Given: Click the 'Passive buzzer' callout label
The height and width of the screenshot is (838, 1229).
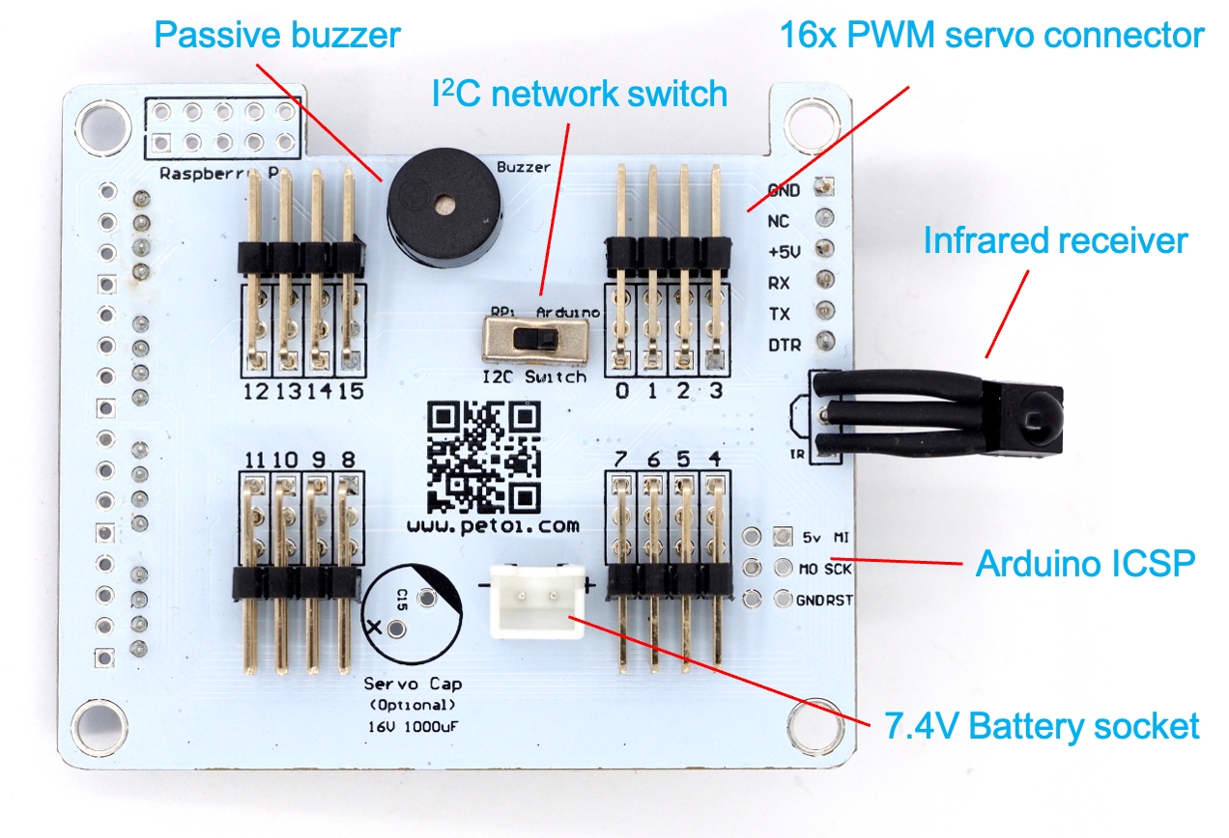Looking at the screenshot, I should click(277, 36).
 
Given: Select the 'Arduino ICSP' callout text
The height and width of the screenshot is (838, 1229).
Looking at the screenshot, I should click(1085, 562).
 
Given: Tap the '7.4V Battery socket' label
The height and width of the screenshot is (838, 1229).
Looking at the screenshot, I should click(1042, 725).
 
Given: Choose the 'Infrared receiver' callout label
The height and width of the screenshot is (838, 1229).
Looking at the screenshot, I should click(1055, 239).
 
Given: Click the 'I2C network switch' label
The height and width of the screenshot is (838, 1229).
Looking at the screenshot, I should click(579, 94).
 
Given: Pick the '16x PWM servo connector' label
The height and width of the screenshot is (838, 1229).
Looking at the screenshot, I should click(992, 36).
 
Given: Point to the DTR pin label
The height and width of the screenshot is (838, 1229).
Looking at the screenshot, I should click(784, 345).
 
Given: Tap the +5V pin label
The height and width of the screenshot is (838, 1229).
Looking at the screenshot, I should click(784, 252).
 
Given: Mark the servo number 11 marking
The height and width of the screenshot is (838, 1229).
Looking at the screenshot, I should click(255, 460).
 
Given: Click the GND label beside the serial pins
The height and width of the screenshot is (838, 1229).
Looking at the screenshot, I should click(784, 190).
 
